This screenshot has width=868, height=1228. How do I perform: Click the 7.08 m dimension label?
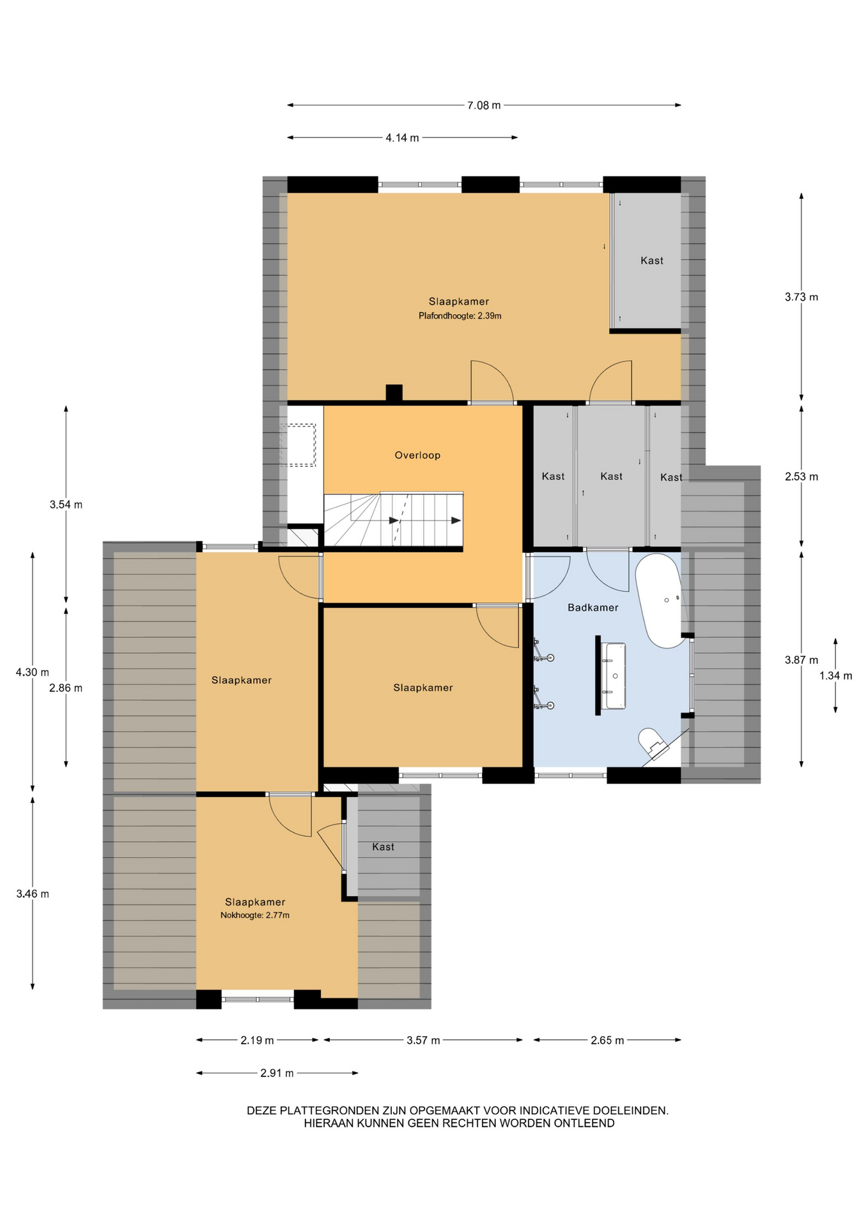tap(484, 106)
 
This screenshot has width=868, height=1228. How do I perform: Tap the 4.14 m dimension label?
tap(402, 138)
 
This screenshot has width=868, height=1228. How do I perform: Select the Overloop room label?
tap(417, 455)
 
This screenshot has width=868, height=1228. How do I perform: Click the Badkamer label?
tap(593, 608)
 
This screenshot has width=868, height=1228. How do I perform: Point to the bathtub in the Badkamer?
tap(662, 600)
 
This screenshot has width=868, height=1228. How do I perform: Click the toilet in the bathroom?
tap(652, 743)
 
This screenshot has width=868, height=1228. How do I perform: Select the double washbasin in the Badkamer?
tap(614, 676)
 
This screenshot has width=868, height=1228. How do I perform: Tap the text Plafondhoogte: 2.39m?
tap(460, 316)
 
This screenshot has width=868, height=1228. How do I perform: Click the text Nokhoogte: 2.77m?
tap(255, 915)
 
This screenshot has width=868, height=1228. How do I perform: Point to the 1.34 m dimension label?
tap(835, 675)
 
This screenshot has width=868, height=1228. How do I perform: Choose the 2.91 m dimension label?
tap(277, 1073)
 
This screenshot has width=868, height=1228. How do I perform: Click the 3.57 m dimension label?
tap(423, 1041)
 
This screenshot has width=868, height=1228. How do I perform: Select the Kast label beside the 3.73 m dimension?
tap(652, 261)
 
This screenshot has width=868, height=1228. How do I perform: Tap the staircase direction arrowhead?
tap(456, 521)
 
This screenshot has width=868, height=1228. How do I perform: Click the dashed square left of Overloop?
tap(298, 445)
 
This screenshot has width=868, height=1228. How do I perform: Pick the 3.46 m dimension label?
tap(33, 894)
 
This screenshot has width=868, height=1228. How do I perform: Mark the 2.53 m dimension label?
tap(802, 476)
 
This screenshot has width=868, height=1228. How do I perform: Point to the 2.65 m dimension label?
tap(607, 1041)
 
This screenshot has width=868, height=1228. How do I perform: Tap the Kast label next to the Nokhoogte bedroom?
tap(383, 847)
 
